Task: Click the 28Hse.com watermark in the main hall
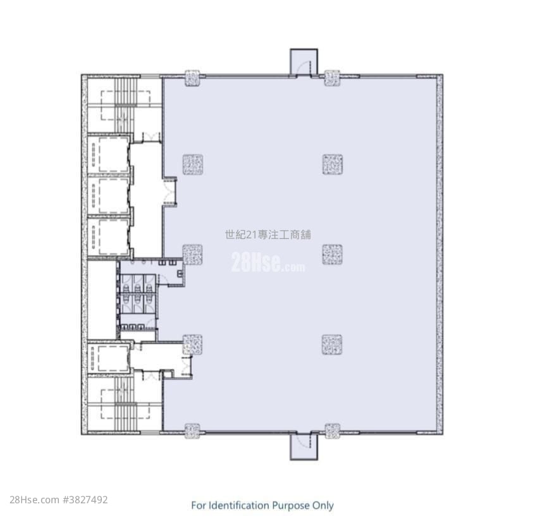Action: [x=268, y=263]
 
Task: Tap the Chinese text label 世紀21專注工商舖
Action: [x=268, y=235]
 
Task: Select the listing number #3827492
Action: [x=85, y=500]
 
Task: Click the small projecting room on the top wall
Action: [x=304, y=62]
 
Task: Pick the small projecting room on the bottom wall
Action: [x=304, y=446]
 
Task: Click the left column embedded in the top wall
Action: [x=192, y=78]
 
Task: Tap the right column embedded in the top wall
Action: [x=331, y=78]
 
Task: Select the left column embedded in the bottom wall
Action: [x=192, y=431]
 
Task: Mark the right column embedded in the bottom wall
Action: [x=332, y=431]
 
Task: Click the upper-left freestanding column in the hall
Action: [x=193, y=164]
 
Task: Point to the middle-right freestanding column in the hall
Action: [x=333, y=255]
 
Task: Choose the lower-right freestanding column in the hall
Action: [x=331, y=345]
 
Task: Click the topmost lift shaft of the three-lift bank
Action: [x=109, y=154]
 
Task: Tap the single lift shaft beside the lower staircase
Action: [x=109, y=358]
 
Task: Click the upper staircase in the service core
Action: [x=125, y=105]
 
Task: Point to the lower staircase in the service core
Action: [x=125, y=403]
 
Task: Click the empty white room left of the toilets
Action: [x=102, y=300]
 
